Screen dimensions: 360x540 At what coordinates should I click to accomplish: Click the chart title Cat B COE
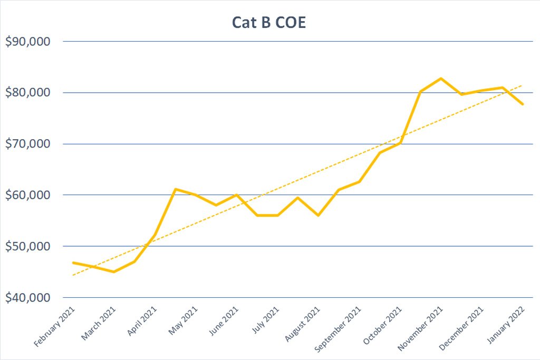(x=269, y=23)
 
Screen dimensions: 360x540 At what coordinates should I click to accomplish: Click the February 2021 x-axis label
(x=55, y=327)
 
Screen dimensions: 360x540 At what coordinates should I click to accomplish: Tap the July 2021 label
(x=265, y=322)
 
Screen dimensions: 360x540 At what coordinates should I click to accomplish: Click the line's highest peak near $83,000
(x=441, y=78)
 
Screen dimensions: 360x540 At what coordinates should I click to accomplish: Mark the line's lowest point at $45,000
(x=113, y=271)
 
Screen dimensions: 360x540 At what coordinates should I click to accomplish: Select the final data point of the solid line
(x=523, y=104)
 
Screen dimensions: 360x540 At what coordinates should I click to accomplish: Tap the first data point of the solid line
(x=73, y=262)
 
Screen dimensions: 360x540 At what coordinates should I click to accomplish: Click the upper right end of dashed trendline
(x=523, y=85)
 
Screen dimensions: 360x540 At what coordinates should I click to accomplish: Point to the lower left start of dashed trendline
(x=73, y=275)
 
